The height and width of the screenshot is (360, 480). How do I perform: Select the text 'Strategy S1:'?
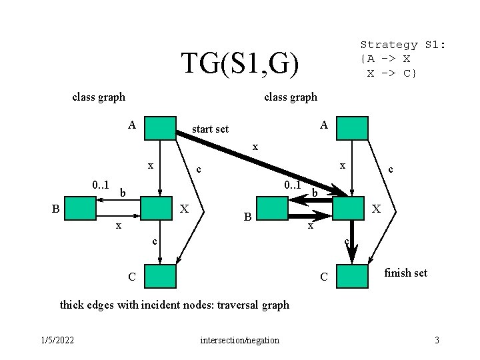pyautogui.click(x=403, y=45)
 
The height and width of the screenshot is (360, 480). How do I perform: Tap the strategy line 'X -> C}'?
pyautogui.click(x=392, y=72)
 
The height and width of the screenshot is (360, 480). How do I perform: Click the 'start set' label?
pyautogui.click(x=210, y=129)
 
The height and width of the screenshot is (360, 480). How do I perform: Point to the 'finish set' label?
pyautogui.click(x=405, y=273)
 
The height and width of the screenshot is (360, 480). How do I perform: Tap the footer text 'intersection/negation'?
pyautogui.click(x=239, y=341)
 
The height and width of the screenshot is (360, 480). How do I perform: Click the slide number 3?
pyautogui.click(x=437, y=341)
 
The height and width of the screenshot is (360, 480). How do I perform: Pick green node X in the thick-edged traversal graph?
pyautogui.click(x=349, y=209)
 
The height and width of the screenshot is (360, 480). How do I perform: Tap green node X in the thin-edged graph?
pyautogui.click(x=157, y=209)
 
